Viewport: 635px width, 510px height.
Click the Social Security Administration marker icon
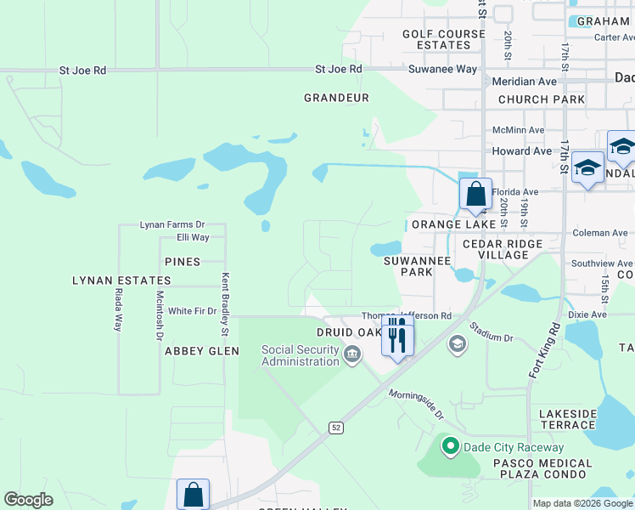click(352, 354)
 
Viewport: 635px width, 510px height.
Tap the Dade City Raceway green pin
click(450, 445)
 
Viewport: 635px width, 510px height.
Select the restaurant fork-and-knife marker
click(396, 337)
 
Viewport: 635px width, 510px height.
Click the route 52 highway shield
click(337, 428)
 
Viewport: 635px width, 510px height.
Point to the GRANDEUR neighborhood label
click(337, 98)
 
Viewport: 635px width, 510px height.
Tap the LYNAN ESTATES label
click(121, 280)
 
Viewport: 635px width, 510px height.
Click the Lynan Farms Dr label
click(172, 224)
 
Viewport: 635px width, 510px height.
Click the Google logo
click(28, 500)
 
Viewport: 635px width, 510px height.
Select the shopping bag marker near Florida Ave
click(475, 194)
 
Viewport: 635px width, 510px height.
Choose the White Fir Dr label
click(192, 311)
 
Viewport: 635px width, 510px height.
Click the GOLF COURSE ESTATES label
click(444, 40)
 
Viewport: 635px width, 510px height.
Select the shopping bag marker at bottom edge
click(193, 495)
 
